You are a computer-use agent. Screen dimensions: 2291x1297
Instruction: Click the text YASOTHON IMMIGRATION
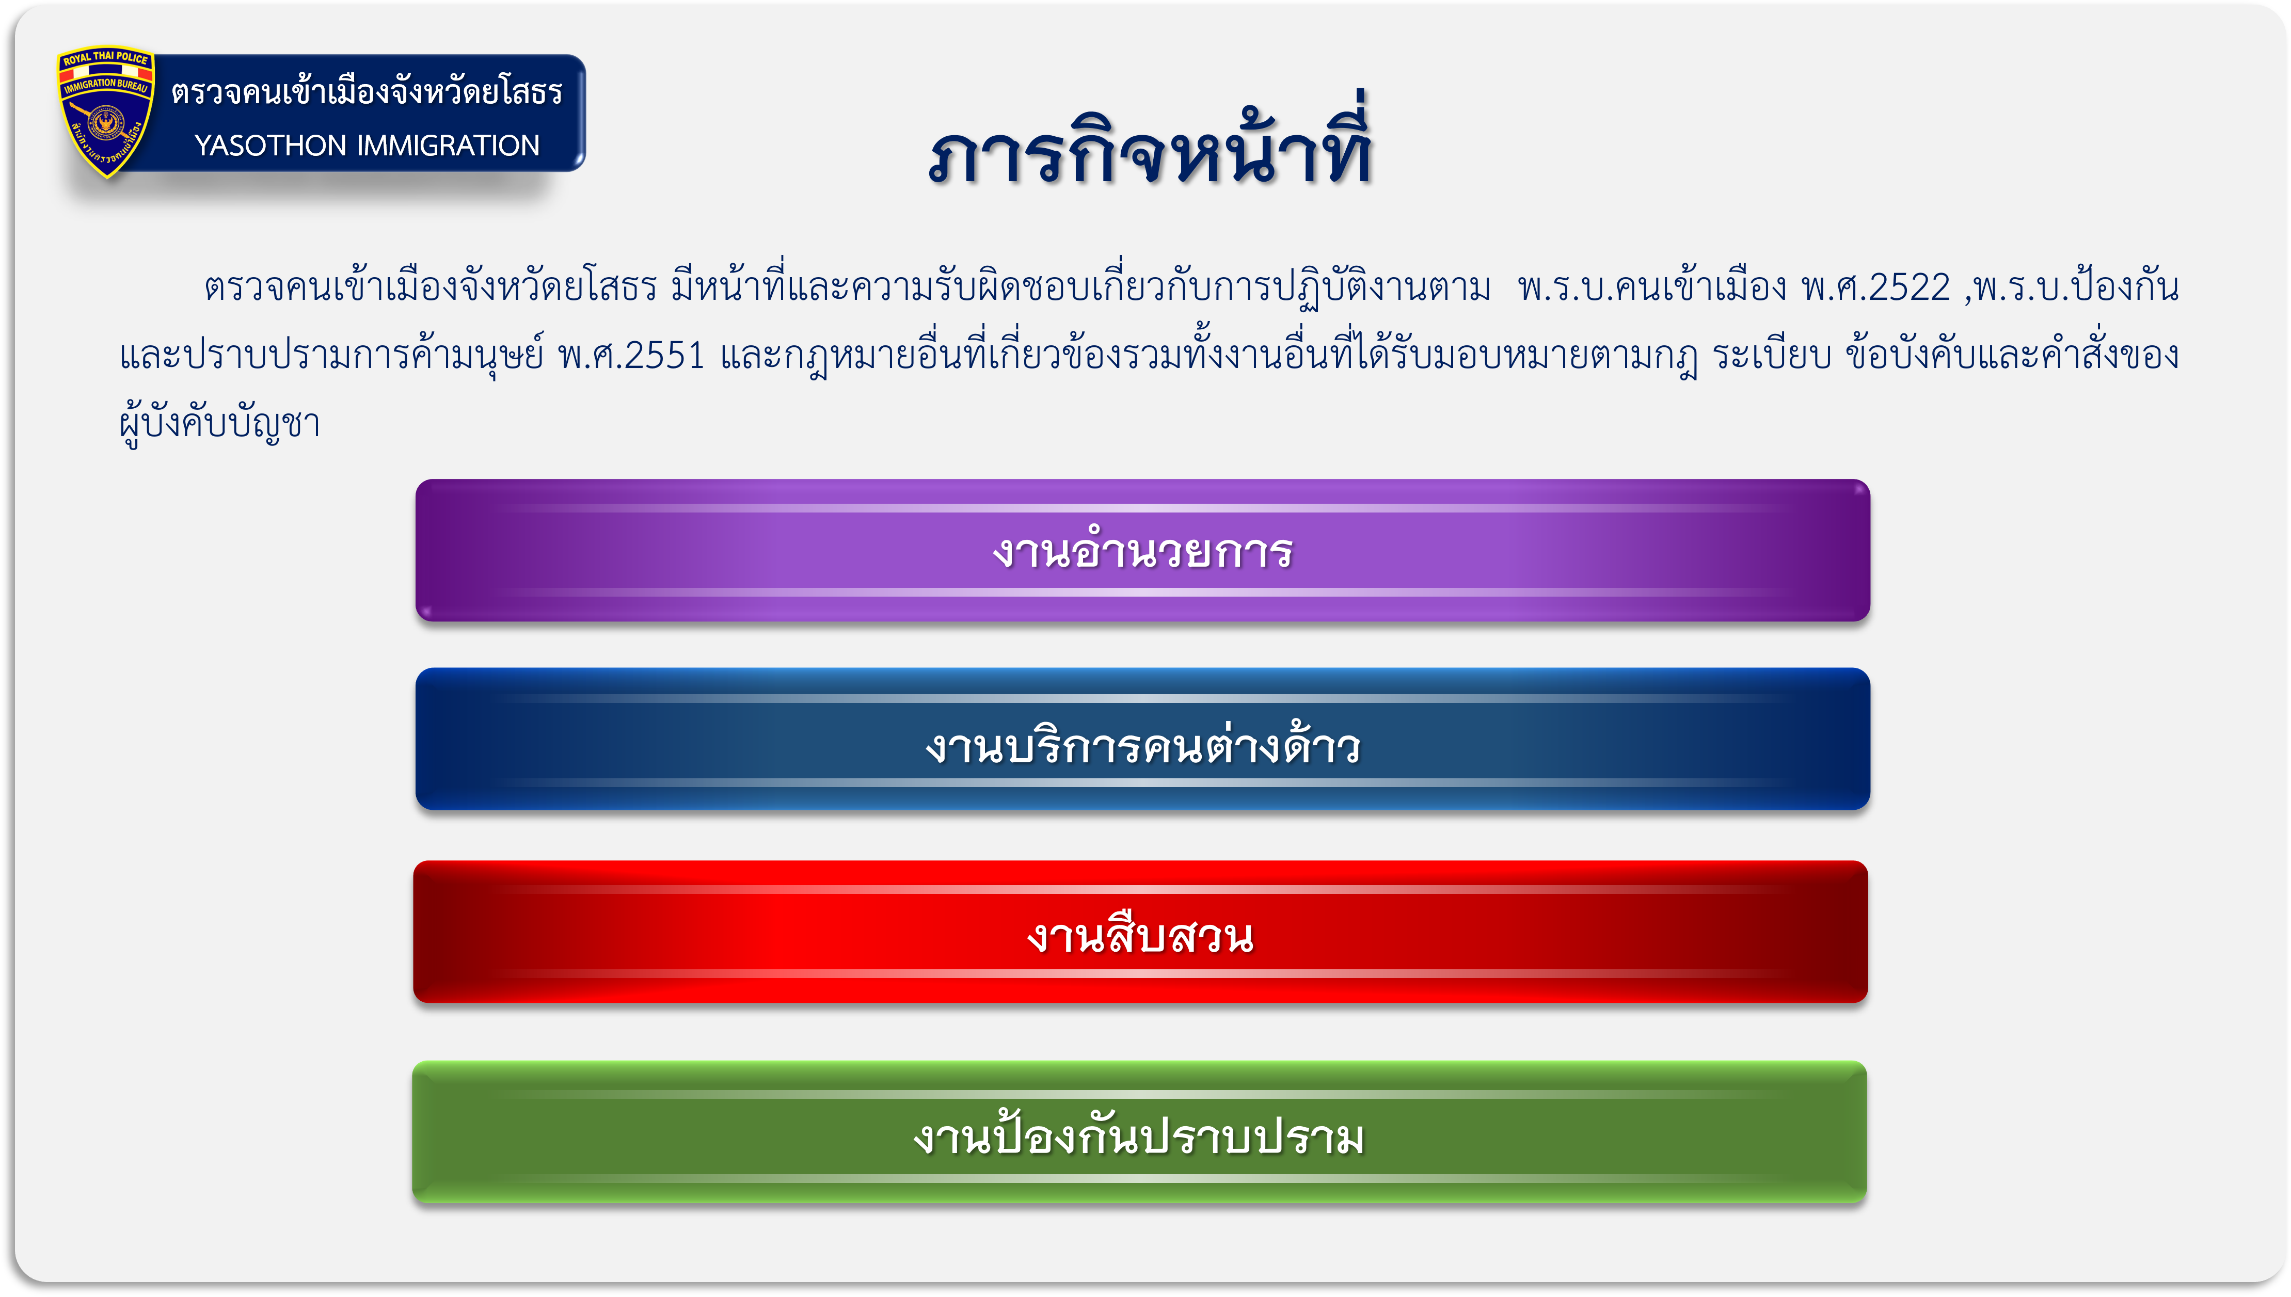tap(367, 145)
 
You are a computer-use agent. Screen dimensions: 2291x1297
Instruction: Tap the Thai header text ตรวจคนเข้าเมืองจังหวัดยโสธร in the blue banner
tap(367, 91)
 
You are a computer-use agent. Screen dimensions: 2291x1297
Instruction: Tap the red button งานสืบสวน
tap(1141, 932)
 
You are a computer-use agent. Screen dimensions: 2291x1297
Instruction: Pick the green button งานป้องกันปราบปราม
tap(1140, 1132)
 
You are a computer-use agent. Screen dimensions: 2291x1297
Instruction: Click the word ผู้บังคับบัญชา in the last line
tap(220, 422)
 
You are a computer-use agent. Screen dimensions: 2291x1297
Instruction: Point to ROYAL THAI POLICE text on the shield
tap(106, 59)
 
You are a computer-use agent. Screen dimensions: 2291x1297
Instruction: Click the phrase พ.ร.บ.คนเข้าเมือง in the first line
tap(1652, 287)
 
